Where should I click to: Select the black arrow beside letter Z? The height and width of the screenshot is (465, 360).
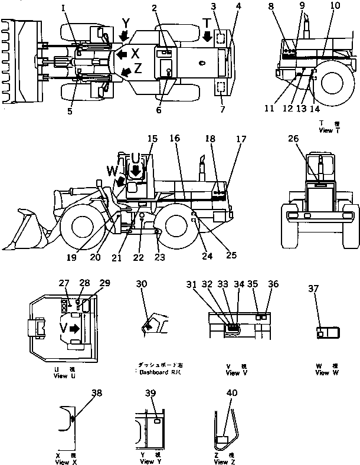coord(124,71)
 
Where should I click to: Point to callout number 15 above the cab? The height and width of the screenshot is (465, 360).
coord(153,139)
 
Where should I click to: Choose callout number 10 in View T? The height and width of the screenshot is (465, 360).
coord(335,6)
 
